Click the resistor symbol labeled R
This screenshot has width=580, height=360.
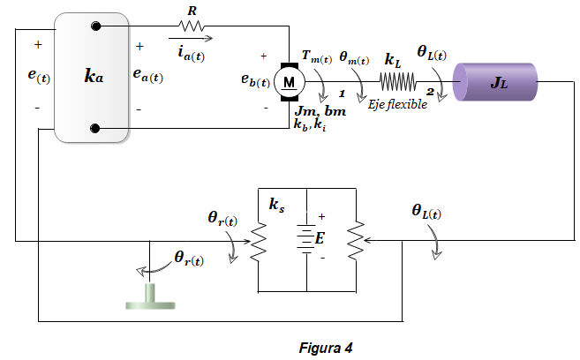pos(191,26)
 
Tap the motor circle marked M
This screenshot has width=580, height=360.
pos(290,82)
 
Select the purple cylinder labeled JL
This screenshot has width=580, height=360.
pos(495,82)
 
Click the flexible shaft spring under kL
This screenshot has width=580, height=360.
pos(397,82)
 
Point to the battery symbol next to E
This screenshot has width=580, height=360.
pos(306,239)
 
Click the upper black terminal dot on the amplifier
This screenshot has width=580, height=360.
pos(96,26)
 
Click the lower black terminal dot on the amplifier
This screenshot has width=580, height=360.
pos(95,128)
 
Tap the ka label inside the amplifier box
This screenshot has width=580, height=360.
pos(94,76)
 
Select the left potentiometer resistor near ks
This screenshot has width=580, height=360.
pos(258,242)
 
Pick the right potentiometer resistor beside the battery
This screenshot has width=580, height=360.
pos(356,240)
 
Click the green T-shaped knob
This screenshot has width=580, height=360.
pos(150,296)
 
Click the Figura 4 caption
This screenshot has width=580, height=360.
pos(326,348)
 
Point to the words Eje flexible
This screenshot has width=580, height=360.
pos(397,105)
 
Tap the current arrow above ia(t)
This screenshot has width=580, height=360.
pos(191,38)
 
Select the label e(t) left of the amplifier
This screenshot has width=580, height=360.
pos(39,76)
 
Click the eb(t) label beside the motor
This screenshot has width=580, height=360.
pos(255,80)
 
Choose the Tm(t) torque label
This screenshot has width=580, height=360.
pos(317,57)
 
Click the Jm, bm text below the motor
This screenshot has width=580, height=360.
pos(320,111)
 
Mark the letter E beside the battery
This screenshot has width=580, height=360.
pos(320,238)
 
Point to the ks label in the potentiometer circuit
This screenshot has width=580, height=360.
pos(276,205)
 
